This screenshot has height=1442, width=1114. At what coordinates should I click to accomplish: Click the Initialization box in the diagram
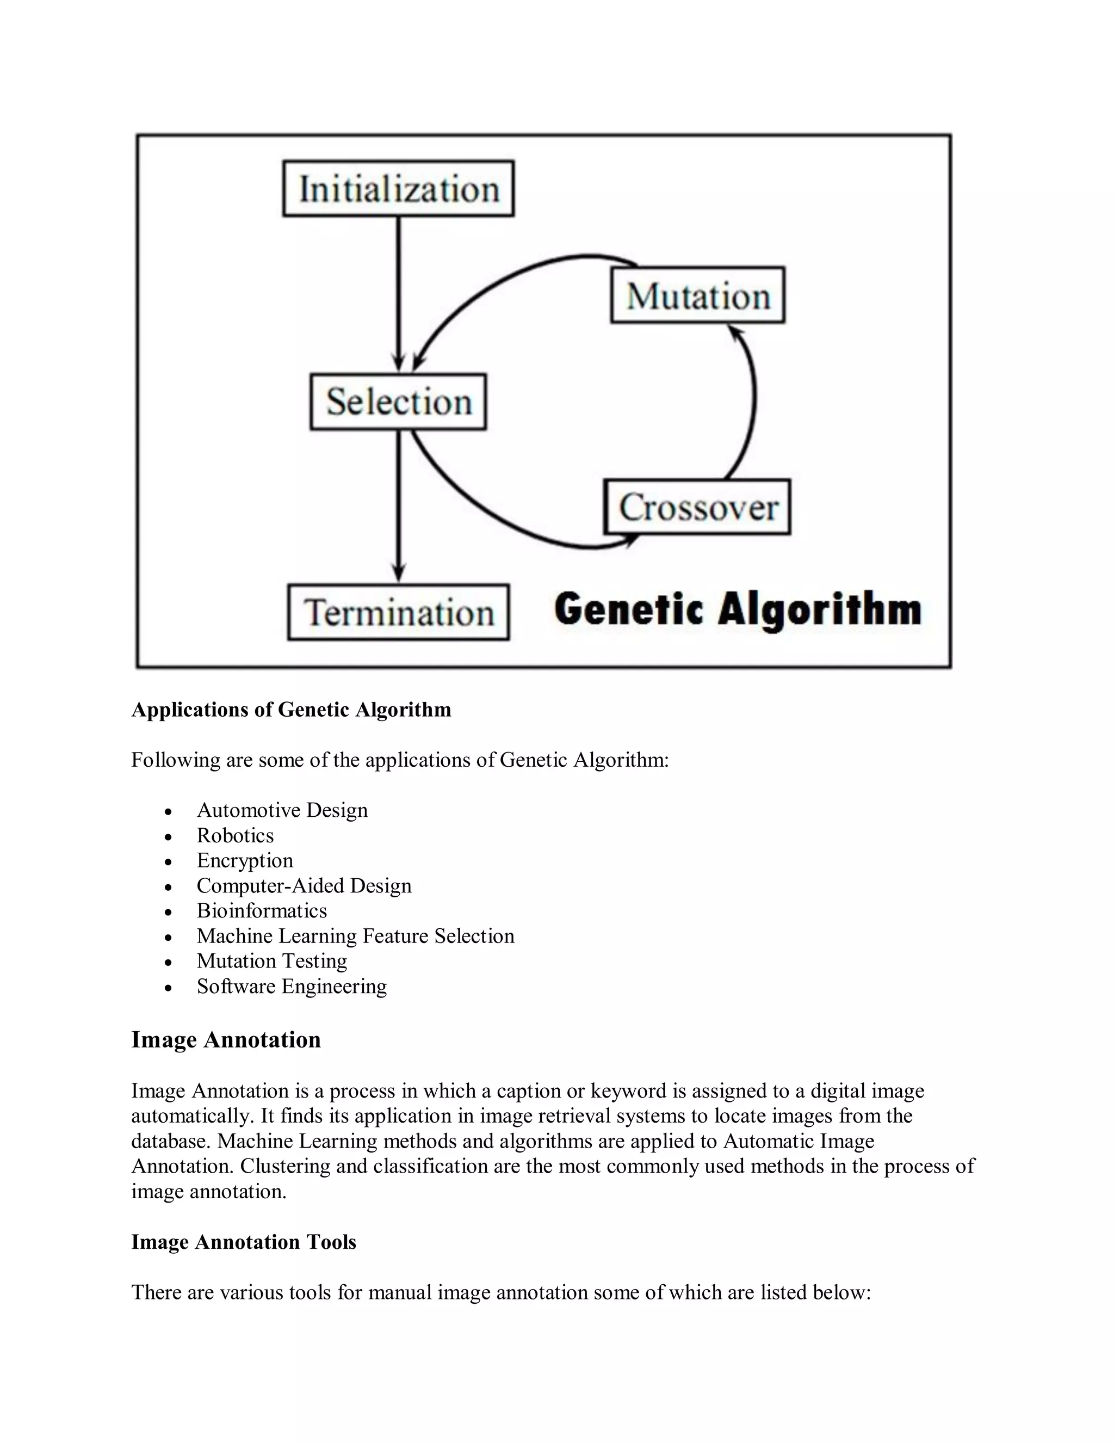point(399,189)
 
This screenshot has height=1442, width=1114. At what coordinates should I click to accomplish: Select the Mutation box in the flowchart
point(697,295)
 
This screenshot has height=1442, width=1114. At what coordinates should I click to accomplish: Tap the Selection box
point(399,402)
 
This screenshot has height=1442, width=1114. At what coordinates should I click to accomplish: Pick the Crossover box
point(697,507)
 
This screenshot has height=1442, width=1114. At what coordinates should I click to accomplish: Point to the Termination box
point(399,612)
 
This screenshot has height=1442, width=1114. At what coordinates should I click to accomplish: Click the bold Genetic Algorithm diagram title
point(737,609)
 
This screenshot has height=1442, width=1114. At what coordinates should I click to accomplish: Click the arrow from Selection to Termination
point(398,505)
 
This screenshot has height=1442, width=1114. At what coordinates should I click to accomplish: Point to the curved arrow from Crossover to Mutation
point(753,403)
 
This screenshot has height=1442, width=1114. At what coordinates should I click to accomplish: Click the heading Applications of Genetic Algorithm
point(291,710)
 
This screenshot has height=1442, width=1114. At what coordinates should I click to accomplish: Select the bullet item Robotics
point(235,836)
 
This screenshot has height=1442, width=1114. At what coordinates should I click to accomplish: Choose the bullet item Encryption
point(245,861)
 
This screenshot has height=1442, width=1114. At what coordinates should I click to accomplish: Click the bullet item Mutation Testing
point(272,962)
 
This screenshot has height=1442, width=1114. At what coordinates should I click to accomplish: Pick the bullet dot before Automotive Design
point(169,811)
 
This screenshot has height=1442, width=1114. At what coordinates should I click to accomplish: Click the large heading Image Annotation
point(226,1040)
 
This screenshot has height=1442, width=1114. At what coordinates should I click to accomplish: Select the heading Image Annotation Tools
point(244,1242)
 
